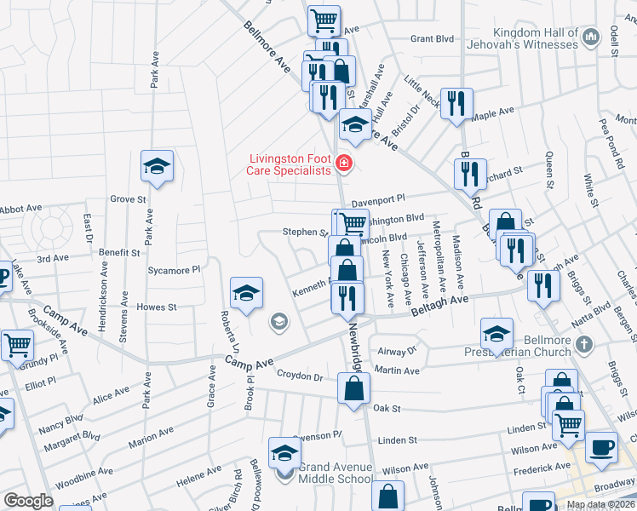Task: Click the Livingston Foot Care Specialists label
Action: click(289, 164)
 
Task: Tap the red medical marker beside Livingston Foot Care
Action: click(344, 163)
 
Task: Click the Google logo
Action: click(28, 501)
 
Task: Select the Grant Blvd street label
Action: click(432, 39)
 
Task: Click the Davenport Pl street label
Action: click(377, 200)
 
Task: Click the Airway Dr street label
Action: click(395, 351)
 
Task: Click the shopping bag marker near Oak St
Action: click(353, 389)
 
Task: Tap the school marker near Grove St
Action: click(157, 165)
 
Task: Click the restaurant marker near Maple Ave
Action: click(456, 104)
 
